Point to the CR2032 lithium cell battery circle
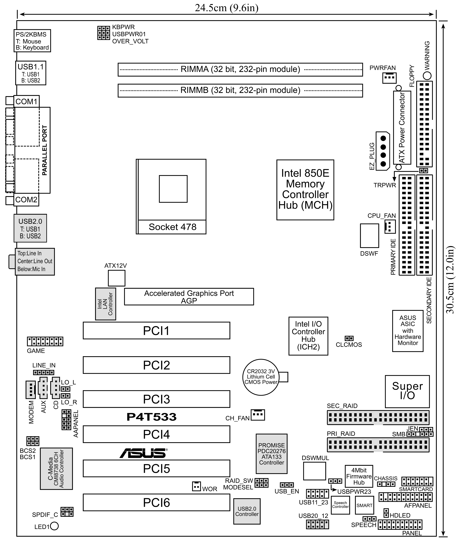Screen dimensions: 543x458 (x=261, y=377)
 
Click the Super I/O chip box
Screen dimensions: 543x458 (x=407, y=391)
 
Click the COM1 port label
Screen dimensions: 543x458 (x=26, y=102)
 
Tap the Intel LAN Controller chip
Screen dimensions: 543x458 (x=105, y=304)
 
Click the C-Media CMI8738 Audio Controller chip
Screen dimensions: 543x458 (x=56, y=468)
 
